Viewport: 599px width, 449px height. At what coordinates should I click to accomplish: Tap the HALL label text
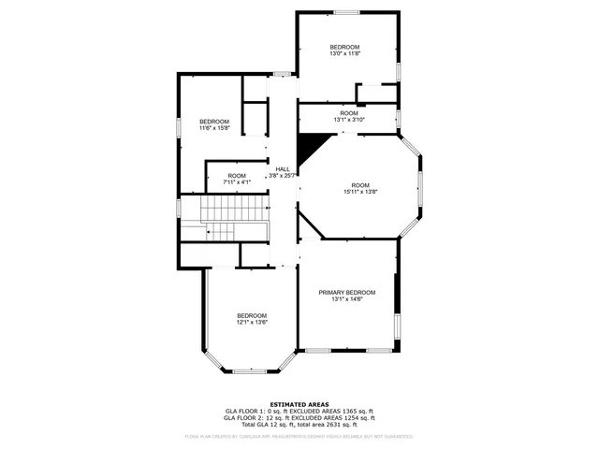pyautogui.click(x=282, y=169)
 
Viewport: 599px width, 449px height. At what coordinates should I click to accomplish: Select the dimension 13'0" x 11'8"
pyautogui.click(x=345, y=53)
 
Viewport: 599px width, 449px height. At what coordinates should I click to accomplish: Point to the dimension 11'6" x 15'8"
pyautogui.click(x=214, y=128)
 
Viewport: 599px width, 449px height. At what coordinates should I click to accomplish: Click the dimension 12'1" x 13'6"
pyautogui.click(x=252, y=322)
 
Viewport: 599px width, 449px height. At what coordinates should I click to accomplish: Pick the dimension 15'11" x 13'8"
pyautogui.click(x=360, y=192)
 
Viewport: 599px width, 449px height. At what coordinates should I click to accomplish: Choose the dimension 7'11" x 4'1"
pyautogui.click(x=237, y=182)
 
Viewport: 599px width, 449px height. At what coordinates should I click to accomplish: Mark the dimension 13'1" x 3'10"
pyautogui.click(x=349, y=120)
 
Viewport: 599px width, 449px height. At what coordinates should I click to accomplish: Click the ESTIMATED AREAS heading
pyautogui.click(x=299, y=404)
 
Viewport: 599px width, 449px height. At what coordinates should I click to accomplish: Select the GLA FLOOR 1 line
pyautogui.click(x=299, y=411)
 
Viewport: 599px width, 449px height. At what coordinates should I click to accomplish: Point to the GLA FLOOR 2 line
pyautogui.click(x=299, y=417)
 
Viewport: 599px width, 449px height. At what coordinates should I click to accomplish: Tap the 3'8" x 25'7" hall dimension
pyautogui.click(x=283, y=176)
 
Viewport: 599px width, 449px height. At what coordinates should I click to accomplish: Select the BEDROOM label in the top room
pyautogui.click(x=345, y=47)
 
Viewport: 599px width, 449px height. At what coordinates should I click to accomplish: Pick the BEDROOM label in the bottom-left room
pyautogui.click(x=252, y=315)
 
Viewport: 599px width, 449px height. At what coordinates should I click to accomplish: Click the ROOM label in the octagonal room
pyautogui.click(x=360, y=184)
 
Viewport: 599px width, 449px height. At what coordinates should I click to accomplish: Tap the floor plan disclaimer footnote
pyautogui.click(x=299, y=436)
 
